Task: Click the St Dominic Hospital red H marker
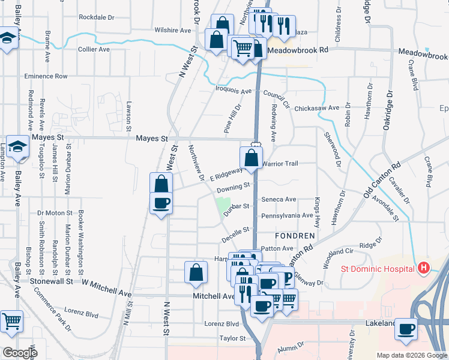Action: coord(424,267)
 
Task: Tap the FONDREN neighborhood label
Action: coord(295,236)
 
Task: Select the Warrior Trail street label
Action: coord(280,163)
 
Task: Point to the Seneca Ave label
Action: coord(279,199)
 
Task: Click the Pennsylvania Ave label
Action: coord(287,215)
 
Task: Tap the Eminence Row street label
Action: coord(46,76)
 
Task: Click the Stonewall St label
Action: coord(52,280)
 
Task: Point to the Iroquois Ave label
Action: coord(234,91)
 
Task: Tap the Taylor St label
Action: coord(233,338)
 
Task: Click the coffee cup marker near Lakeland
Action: coord(407,329)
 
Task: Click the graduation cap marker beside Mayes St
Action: coord(19,146)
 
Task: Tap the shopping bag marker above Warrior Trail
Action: coord(251,158)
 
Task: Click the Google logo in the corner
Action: coord(19,353)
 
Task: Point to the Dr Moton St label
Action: coord(55,212)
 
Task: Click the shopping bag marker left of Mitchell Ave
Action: coord(196,272)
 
